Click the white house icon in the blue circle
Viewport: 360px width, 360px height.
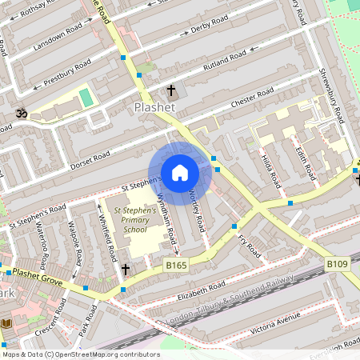point(180,171)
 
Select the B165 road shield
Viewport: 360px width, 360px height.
point(176,264)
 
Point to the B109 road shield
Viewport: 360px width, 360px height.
point(336,263)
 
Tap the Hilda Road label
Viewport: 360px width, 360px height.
point(272,166)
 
